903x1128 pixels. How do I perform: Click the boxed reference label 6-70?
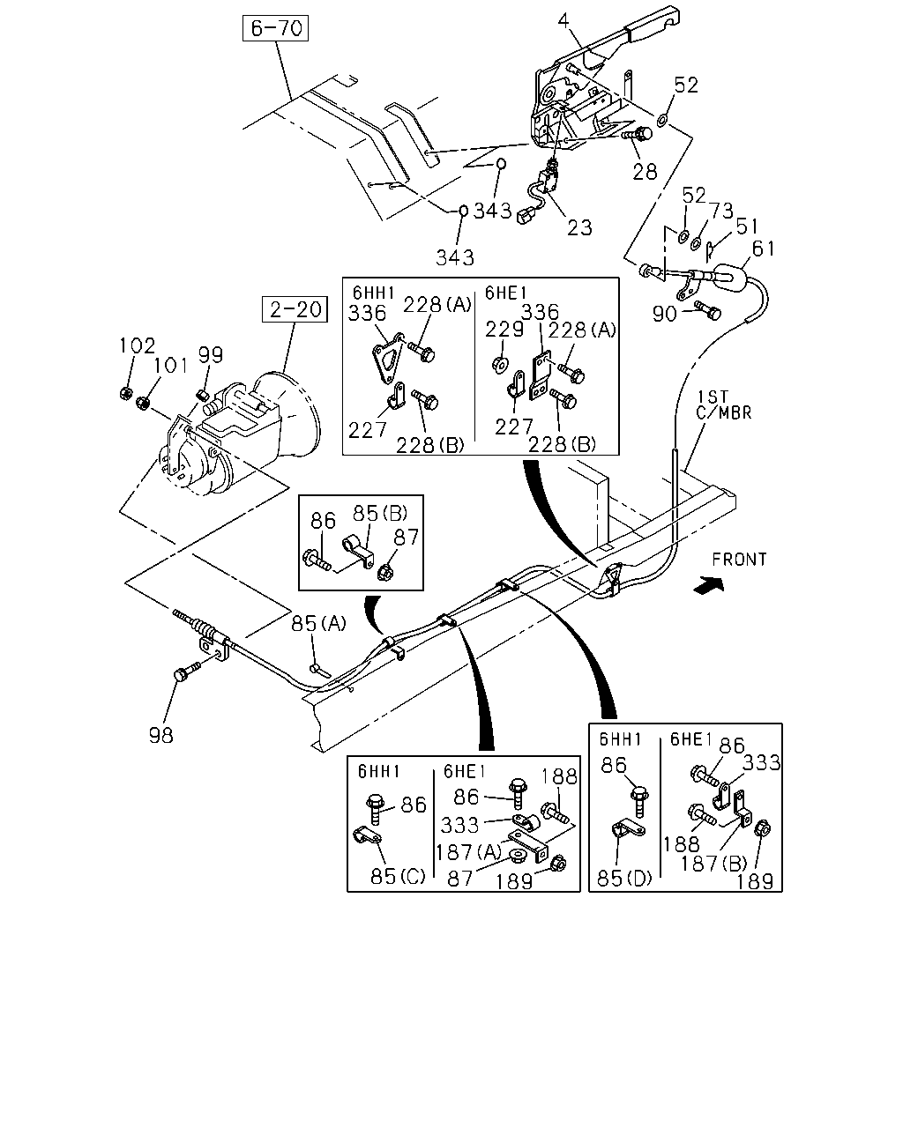click(x=275, y=28)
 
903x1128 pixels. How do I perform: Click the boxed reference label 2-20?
click(x=295, y=309)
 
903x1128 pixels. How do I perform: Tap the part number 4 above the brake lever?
click(x=563, y=21)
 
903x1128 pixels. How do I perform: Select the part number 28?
click(x=645, y=171)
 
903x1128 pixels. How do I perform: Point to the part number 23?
click(x=579, y=227)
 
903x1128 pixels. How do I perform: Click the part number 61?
click(x=763, y=249)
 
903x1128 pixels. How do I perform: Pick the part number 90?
click(x=664, y=314)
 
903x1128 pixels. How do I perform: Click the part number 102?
click(x=137, y=346)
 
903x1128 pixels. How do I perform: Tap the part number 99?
click(x=211, y=355)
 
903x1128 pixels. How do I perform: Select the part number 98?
click(x=161, y=735)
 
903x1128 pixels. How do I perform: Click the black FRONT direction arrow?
click(x=709, y=585)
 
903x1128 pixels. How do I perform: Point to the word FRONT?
click(x=739, y=560)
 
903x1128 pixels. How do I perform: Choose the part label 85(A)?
click(x=318, y=624)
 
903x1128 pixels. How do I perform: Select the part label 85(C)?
click(x=398, y=876)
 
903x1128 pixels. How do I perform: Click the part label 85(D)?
click(x=624, y=879)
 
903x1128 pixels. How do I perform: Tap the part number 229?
click(x=504, y=330)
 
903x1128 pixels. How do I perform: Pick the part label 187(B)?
click(x=714, y=864)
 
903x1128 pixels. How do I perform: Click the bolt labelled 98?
click(x=186, y=672)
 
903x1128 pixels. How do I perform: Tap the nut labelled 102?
click(x=125, y=393)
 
